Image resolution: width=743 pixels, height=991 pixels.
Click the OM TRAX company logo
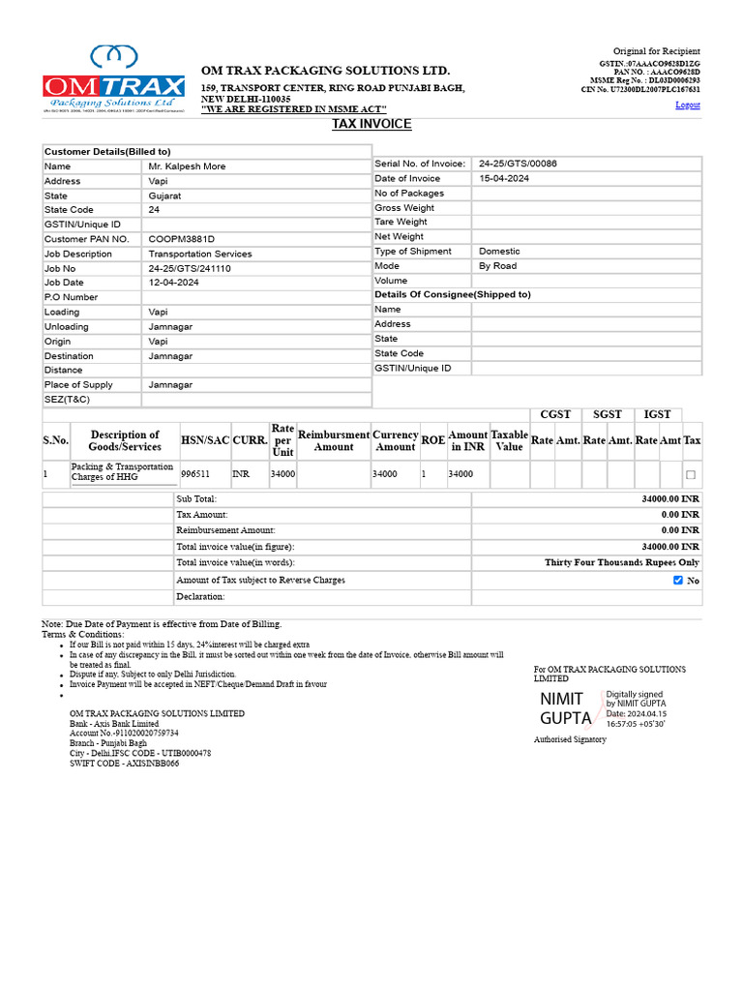[x=113, y=80]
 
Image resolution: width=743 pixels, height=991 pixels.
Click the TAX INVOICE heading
[x=371, y=124]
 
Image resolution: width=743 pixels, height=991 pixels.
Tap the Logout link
[x=687, y=105]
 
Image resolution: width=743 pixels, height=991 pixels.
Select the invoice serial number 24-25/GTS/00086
[x=518, y=165]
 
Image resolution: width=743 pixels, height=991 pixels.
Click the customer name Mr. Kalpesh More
[x=187, y=166]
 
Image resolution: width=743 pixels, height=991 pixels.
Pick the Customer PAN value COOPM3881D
[x=181, y=239]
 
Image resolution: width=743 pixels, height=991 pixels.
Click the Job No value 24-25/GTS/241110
[x=190, y=268]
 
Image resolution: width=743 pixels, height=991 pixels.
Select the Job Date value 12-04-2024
[x=173, y=283]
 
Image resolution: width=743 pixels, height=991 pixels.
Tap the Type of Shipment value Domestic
[x=499, y=252]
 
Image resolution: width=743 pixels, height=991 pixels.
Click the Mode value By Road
[x=498, y=266]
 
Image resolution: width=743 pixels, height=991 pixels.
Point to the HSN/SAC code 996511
[x=195, y=474]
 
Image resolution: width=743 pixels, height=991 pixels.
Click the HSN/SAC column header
[x=205, y=440]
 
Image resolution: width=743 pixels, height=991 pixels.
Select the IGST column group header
[x=658, y=414]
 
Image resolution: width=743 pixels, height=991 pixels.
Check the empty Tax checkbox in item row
[x=690, y=475]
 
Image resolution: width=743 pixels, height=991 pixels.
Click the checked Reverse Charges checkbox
[x=677, y=581]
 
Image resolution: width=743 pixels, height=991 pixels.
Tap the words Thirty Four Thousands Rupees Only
[x=621, y=562]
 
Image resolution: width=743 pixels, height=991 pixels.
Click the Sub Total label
[x=196, y=498]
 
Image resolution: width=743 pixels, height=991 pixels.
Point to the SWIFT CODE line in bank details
[x=124, y=764]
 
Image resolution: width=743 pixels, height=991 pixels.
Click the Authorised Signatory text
[x=570, y=739]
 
